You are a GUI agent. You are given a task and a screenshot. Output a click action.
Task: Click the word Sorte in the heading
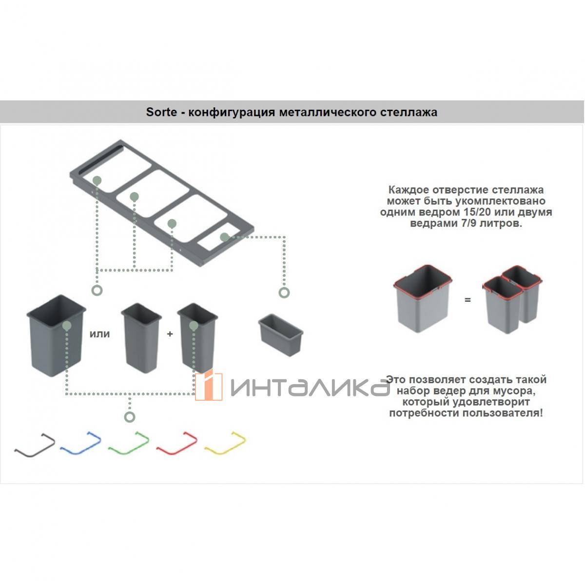tap(161, 112)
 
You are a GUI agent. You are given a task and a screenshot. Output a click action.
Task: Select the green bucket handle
tap(128, 443)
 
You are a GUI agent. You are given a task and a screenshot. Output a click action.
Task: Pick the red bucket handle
tap(176, 443)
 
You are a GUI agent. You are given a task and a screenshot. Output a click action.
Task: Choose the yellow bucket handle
tap(225, 443)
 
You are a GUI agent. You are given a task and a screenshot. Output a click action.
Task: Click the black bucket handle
tap(35, 445)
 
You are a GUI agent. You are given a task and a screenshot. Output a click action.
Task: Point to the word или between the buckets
tap(99, 334)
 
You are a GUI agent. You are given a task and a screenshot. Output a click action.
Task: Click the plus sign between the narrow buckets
tap(170, 334)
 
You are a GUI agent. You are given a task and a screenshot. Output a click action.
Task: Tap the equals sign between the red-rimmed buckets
tap(468, 300)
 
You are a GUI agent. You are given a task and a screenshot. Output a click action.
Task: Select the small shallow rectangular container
tap(281, 335)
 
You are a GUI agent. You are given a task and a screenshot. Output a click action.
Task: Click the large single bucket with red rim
tap(423, 298)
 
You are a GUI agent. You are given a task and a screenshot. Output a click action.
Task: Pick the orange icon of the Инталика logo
tap(209, 386)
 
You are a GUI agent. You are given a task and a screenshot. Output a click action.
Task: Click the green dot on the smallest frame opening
tap(224, 237)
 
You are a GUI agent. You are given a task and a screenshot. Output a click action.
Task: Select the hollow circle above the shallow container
tap(284, 292)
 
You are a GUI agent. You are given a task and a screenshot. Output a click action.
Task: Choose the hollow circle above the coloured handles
tap(130, 417)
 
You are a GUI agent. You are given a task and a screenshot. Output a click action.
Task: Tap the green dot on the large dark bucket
tap(67, 326)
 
